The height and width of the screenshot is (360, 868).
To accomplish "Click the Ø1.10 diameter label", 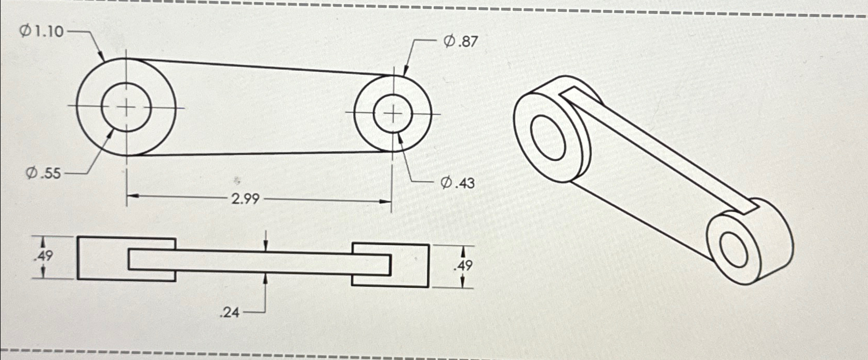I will point(42,32).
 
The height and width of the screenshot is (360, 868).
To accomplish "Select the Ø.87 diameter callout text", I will point(460,41).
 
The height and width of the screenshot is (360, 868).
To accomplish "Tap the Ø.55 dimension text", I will point(44,173).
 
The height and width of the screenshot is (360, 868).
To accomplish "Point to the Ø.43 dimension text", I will point(458,183).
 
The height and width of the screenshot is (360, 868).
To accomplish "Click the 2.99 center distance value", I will point(245,198).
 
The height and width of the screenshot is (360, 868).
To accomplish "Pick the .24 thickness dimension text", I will point(230,312).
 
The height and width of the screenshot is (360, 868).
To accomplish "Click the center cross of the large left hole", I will point(126,108).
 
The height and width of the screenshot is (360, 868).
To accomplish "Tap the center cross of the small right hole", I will point(393,114).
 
